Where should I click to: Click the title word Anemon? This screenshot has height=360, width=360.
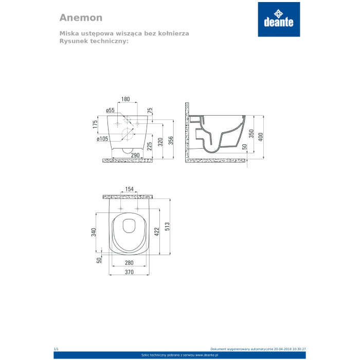tap(81, 17)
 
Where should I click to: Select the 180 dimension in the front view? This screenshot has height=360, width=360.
tap(125, 99)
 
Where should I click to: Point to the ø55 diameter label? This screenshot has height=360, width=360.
tap(110, 110)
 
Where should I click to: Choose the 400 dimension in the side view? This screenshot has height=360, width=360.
tap(261, 137)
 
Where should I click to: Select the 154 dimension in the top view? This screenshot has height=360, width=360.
tap(130, 190)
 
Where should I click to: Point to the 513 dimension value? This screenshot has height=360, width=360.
tap(167, 226)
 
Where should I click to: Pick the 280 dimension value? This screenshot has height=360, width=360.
tap(130, 263)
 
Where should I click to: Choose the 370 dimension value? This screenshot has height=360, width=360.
tap(130, 272)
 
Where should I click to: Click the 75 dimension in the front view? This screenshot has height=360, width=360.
tap(150, 110)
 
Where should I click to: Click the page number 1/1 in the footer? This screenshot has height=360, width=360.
tap(56, 349)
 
